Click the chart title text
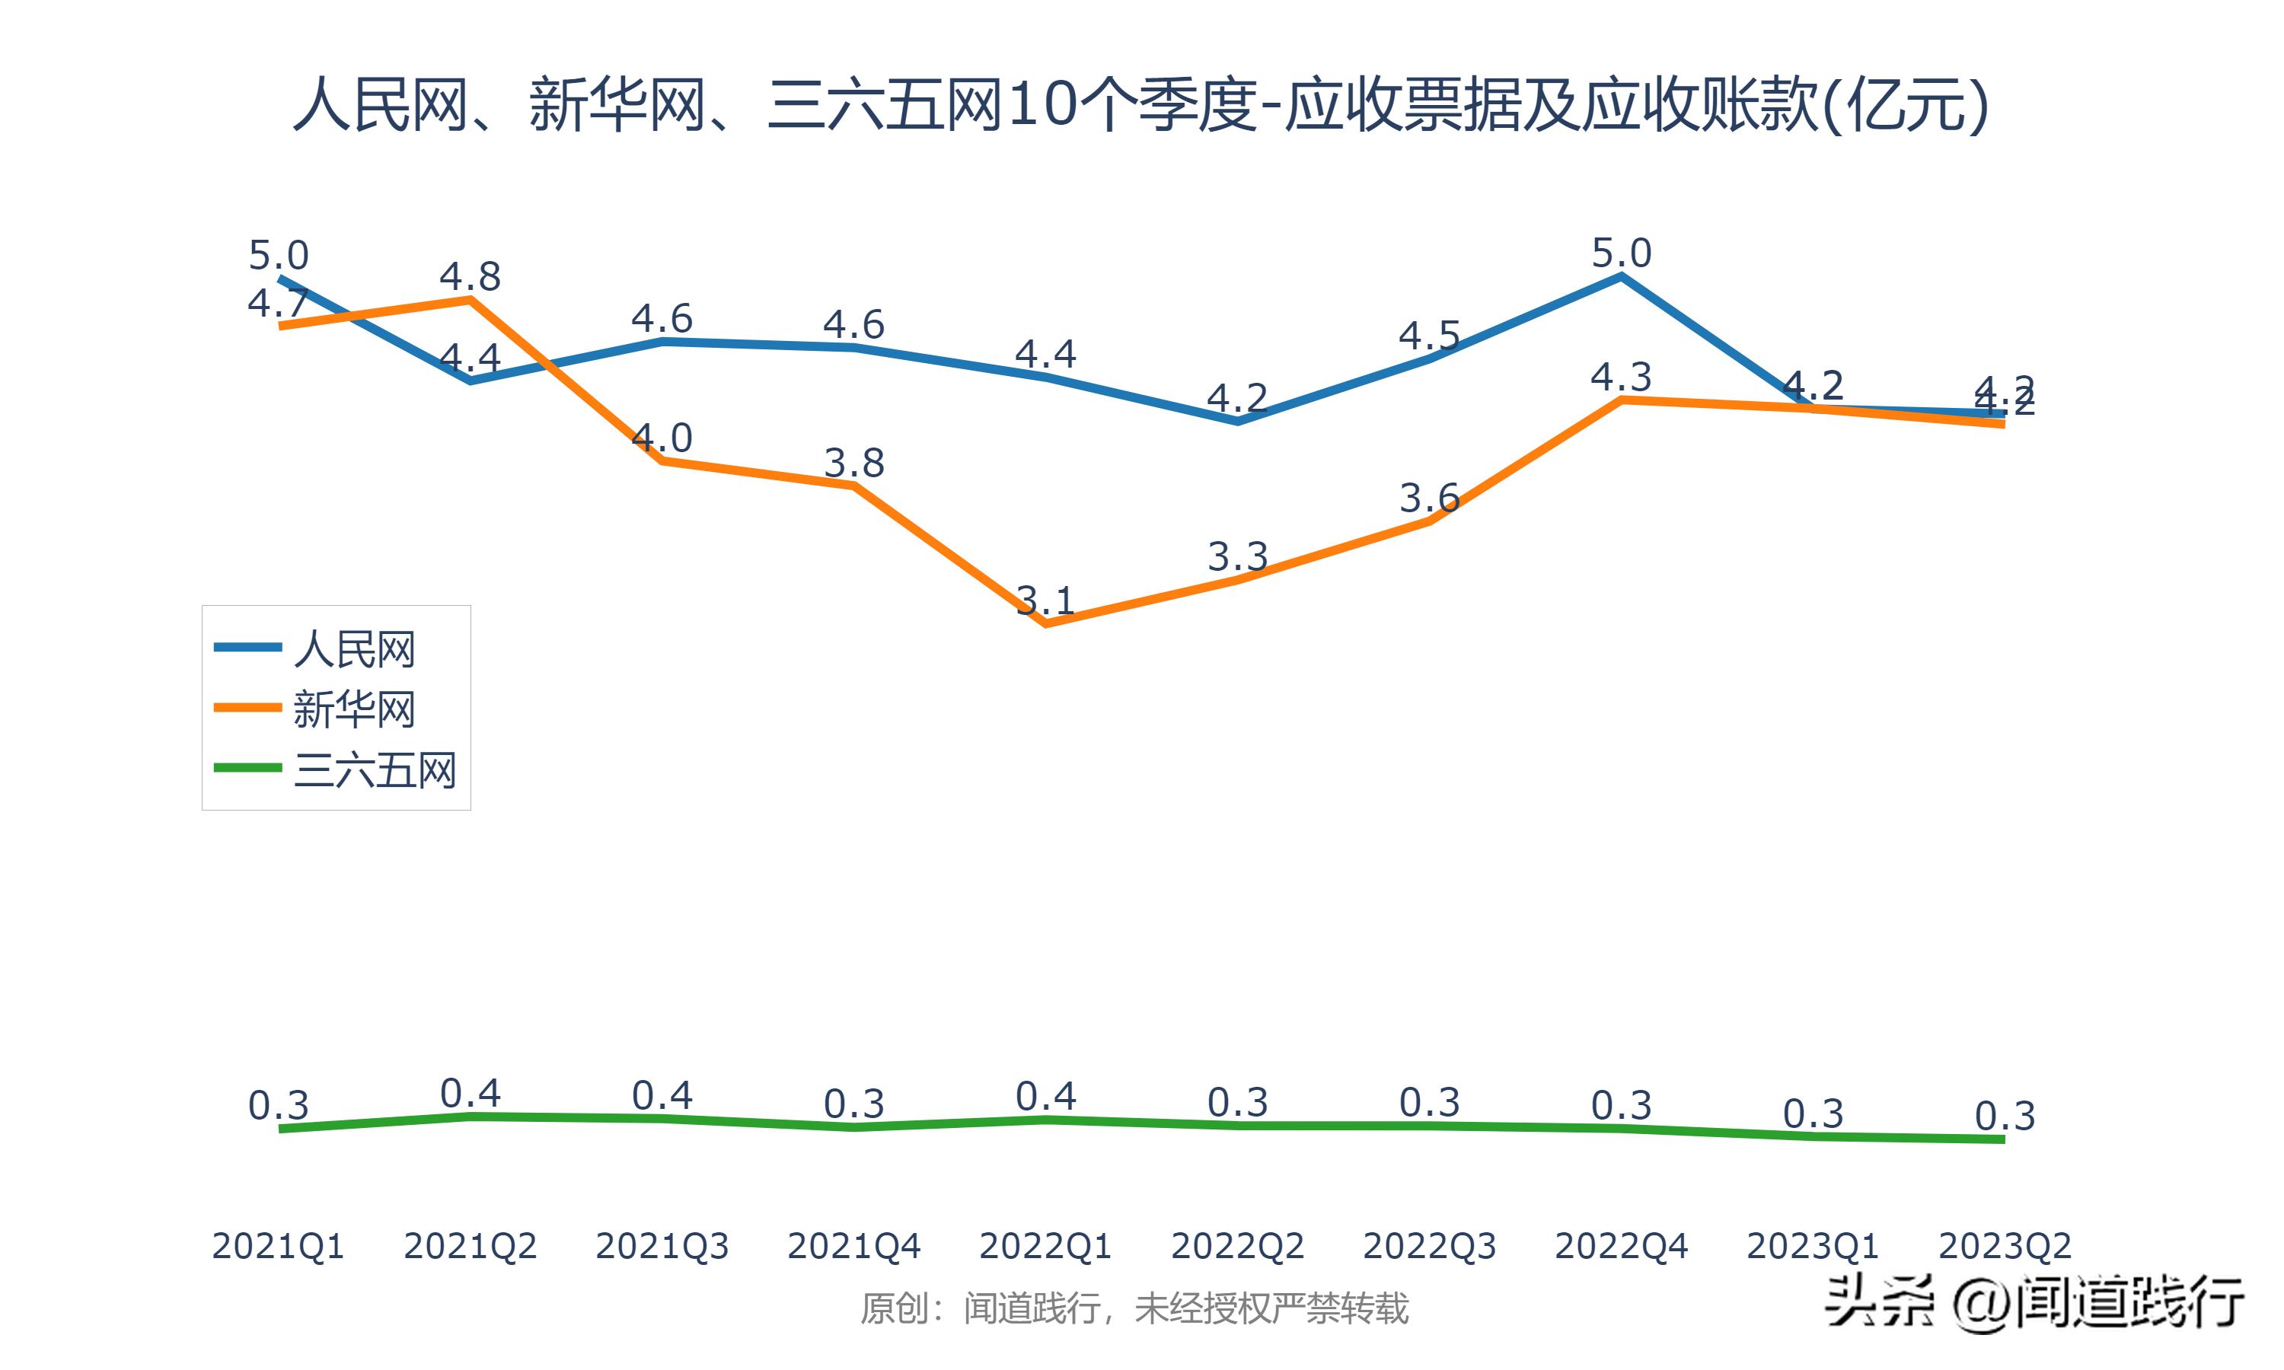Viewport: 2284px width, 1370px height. (1141, 104)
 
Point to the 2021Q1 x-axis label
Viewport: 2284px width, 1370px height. (278, 1246)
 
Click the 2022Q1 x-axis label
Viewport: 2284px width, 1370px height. (1045, 1246)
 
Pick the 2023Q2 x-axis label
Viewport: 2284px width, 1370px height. (2005, 1246)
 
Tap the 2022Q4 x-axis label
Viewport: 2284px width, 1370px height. (1621, 1246)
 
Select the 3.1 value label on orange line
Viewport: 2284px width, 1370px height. (1045, 601)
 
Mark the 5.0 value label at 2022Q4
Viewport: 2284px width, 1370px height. (1621, 253)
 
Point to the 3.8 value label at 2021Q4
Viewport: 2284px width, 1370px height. (854, 463)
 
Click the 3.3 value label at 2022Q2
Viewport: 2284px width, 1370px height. (1238, 556)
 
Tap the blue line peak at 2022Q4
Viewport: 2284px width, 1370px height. (1621, 275)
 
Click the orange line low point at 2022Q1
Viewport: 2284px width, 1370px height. (1045, 624)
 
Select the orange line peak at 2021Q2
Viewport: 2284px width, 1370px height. (471, 299)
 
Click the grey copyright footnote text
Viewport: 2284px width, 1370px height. (1134, 1309)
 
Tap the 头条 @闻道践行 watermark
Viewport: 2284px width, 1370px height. (2034, 1302)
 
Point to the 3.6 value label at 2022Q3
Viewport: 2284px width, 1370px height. (1429, 499)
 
